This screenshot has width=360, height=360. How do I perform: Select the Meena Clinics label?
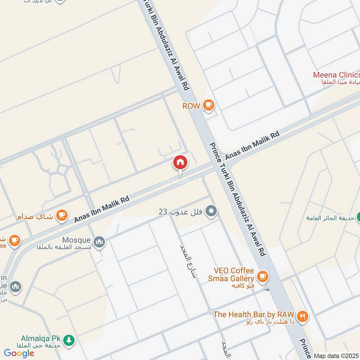pyautogui.click(x=337, y=75)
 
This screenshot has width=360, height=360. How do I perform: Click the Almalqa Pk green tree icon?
pyautogui.click(x=68, y=339)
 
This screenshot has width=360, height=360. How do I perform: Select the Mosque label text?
pyautogui.click(x=76, y=240)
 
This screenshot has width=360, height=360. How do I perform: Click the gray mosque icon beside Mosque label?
pyautogui.click(x=99, y=242)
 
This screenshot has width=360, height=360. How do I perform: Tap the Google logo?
pyautogui.click(x=19, y=353)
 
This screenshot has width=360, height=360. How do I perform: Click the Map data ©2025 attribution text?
pyautogui.click(x=336, y=355)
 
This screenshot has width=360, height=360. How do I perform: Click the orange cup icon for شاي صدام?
pyautogui.click(x=62, y=216)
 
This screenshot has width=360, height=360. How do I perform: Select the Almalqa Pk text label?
pyautogui.click(x=40, y=337)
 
